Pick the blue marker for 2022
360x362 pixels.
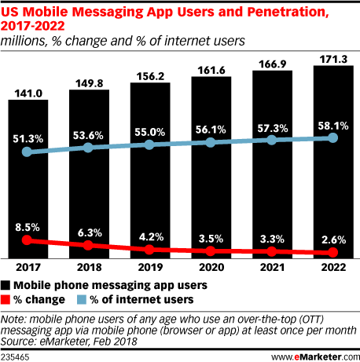(332, 137)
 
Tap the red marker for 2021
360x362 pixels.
(271, 251)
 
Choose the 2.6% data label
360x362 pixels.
(332, 238)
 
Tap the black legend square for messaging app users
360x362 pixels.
(6, 285)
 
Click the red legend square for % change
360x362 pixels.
(6, 298)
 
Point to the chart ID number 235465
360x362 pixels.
(17, 355)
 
